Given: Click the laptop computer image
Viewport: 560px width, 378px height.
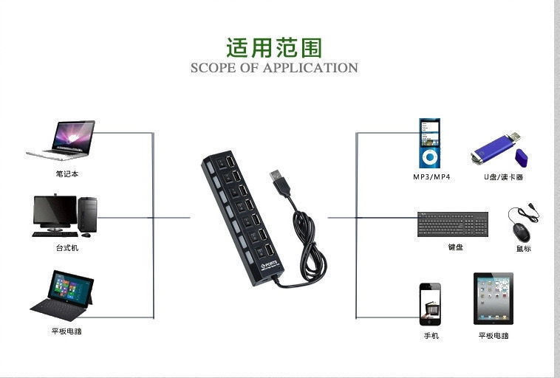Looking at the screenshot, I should pyautogui.click(x=62, y=140).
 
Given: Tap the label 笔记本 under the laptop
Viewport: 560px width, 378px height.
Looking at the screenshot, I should pyautogui.click(x=66, y=174).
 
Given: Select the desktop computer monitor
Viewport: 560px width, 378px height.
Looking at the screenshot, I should pyautogui.click(x=55, y=212).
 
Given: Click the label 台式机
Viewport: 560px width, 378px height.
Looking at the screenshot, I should pyautogui.click(x=66, y=248).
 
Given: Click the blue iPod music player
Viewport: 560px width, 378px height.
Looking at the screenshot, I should pyautogui.click(x=429, y=143).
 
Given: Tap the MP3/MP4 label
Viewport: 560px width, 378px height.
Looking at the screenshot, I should pyautogui.click(x=431, y=177).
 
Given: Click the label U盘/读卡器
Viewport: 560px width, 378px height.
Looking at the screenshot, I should pyautogui.click(x=504, y=177).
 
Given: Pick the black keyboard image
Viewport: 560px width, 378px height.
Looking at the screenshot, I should pyautogui.click(x=453, y=224).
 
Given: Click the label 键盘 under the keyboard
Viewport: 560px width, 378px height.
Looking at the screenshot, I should pyautogui.click(x=455, y=247).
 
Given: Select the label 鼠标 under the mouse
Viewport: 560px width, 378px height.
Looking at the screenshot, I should pyautogui.click(x=523, y=249).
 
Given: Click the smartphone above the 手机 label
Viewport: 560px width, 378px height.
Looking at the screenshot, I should pyautogui.click(x=430, y=304).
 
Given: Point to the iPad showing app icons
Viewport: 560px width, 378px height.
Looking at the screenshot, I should pyautogui.click(x=493, y=299).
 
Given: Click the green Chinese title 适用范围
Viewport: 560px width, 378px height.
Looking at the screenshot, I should pyautogui.click(x=274, y=48).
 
